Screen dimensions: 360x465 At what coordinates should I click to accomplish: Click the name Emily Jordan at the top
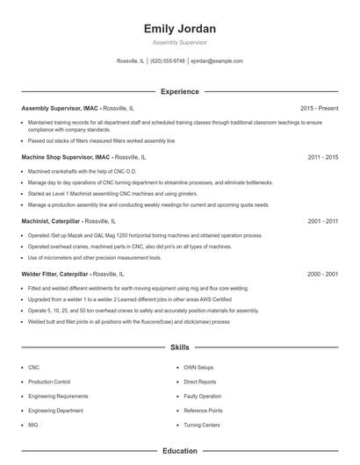(180, 28)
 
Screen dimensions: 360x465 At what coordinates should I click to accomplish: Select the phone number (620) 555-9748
(168, 61)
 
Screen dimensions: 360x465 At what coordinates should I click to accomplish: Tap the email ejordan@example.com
(216, 61)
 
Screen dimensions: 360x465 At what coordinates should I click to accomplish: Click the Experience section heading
(180, 91)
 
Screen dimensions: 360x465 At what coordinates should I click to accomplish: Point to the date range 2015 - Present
(319, 108)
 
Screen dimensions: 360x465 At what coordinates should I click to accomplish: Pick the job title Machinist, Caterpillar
(54, 223)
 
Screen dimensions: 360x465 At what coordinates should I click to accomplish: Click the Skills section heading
(180, 347)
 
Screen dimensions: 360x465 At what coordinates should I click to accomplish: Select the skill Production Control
(49, 383)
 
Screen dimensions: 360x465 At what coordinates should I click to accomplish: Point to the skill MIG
(33, 425)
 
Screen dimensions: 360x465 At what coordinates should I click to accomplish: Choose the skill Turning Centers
(203, 425)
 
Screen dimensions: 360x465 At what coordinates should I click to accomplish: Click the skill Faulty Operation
(203, 397)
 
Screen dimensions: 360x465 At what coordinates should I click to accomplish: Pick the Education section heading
(180, 451)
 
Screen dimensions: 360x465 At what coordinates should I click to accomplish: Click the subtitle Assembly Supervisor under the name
(180, 42)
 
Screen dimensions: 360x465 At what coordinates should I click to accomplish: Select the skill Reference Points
(204, 411)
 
